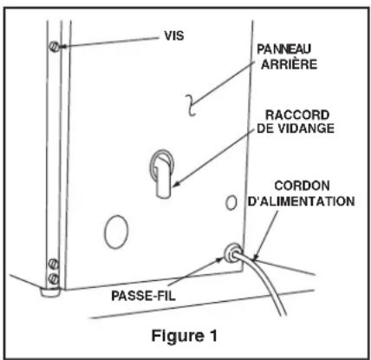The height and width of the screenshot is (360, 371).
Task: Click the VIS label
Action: (x=174, y=36)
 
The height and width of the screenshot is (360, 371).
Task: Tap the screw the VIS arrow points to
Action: (x=54, y=46)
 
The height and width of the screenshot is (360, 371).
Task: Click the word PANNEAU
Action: (x=284, y=49)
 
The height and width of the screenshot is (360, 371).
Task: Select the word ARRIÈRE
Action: (x=289, y=64)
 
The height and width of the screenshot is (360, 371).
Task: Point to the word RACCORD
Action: (x=297, y=115)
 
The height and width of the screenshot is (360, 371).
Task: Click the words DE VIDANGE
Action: (x=296, y=128)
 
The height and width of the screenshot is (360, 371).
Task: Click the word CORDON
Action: (x=302, y=186)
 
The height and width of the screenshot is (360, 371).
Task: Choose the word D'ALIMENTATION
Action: (x=302, y=201)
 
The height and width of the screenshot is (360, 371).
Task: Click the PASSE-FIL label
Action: (x=144, y=296)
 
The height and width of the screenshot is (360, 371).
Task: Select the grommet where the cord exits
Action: (x=232, y=253)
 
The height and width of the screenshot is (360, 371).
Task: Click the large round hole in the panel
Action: (x=116, y=232)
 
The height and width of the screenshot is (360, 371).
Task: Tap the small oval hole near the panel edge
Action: (x=231, y=203)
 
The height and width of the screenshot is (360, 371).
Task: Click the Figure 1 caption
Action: (x=185, y=336)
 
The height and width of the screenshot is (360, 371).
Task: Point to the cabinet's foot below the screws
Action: (x=50, y=292)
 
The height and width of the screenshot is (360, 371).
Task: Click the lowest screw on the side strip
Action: (x=54, y=279)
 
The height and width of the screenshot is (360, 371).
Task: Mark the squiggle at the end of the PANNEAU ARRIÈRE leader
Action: (x=191, y=105)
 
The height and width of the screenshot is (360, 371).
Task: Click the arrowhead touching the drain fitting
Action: (x=176, y=183)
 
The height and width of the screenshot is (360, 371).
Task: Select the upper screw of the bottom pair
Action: (x=54, y=264)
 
